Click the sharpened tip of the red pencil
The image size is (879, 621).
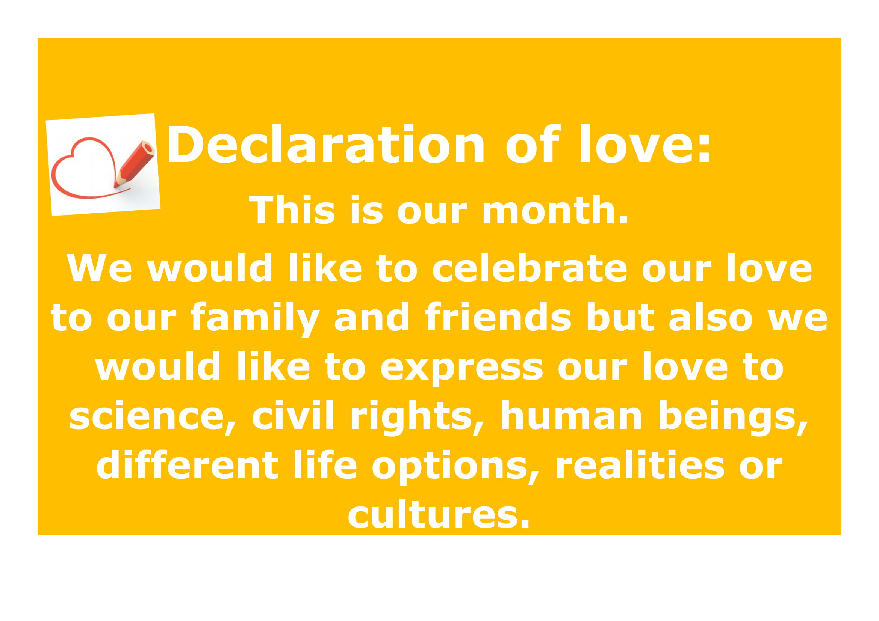point(115,186)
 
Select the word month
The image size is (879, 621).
point(555,210)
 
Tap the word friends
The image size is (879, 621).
point(498,317)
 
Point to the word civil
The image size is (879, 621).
point(293,415)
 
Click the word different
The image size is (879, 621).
point(187,464)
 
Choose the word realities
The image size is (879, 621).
point(640,464)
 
